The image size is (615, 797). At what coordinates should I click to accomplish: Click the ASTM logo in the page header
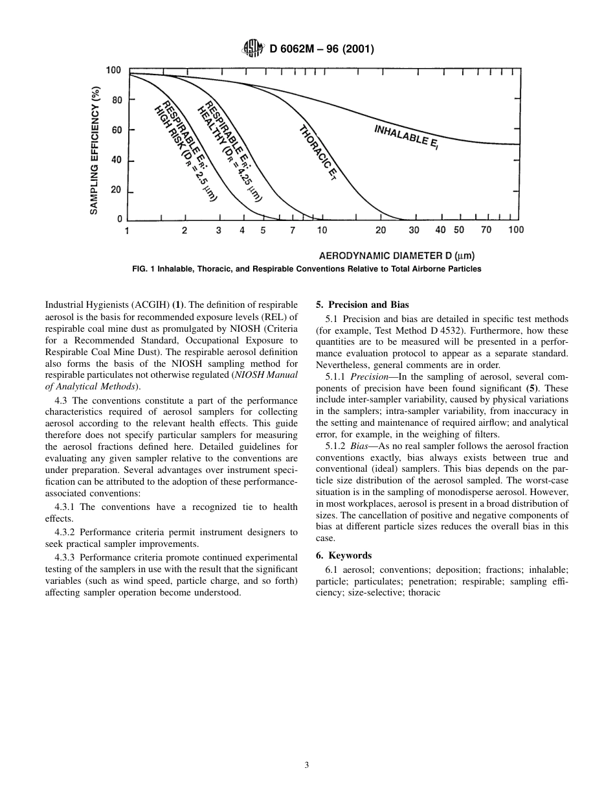point(252,49)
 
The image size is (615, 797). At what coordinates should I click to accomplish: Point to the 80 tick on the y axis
point(117,100)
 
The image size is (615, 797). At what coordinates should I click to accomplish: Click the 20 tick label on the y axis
point(117,190)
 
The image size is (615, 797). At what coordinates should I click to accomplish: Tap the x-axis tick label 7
point(293,231)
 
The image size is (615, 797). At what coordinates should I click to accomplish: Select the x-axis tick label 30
point(414,231)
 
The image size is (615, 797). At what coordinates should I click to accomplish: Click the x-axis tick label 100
point(515,230)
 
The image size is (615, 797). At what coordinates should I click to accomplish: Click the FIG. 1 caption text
point(306,269)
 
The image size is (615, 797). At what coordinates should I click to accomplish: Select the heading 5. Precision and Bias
point(362,305)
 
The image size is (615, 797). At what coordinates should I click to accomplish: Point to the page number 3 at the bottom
point(307,765)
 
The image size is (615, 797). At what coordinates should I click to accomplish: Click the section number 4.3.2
point(67,532)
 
